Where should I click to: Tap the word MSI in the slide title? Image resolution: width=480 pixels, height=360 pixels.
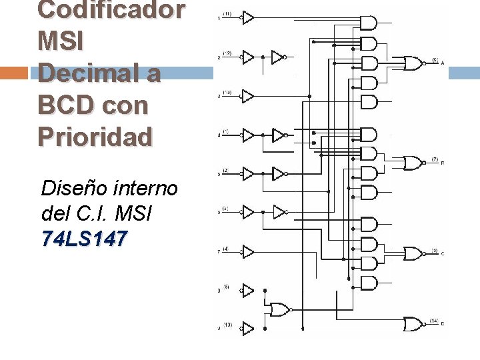point(61,41)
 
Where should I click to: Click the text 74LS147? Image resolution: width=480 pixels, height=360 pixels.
point(83,239)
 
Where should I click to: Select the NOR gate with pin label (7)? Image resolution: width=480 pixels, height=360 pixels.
point(413,163)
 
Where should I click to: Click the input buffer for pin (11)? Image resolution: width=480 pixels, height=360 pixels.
point(247,17)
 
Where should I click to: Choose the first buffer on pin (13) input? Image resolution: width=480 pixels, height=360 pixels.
point(247,96)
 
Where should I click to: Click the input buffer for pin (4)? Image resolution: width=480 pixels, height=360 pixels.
point(247,252)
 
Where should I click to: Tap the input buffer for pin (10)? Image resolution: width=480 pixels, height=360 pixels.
point(247,329)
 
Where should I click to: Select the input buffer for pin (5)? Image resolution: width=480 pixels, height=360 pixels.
point(247,291)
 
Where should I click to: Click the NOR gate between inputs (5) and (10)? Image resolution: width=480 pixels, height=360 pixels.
point(279,309)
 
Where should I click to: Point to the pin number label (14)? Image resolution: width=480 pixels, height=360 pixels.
point(433,321)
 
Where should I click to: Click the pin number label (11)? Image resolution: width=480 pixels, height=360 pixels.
point(227,14)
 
